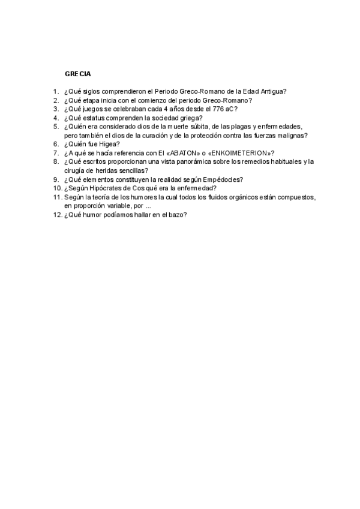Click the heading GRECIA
[78, 74]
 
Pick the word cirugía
[76, 170]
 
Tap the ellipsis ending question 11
[148, 206]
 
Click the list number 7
[56, 153]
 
